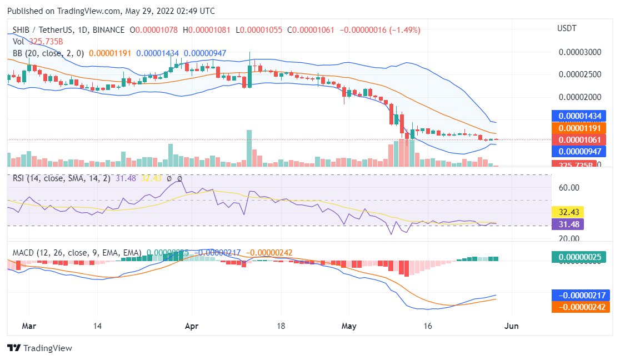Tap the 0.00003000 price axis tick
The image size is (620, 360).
579,52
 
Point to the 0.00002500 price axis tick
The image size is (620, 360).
579,74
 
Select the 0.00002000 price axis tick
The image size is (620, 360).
579,97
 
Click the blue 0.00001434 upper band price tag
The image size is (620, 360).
580,116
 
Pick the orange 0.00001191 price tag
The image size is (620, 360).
580,128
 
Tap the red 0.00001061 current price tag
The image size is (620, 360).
580,139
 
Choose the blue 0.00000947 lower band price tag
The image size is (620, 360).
580,151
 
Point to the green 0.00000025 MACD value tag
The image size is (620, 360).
580,257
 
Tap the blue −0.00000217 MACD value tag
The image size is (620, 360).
580,295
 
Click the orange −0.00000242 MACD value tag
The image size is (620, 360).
580,307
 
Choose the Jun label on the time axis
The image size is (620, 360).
511,326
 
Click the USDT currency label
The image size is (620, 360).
567,28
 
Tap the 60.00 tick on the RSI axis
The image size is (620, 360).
569,188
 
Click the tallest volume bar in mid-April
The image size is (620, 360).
249,148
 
